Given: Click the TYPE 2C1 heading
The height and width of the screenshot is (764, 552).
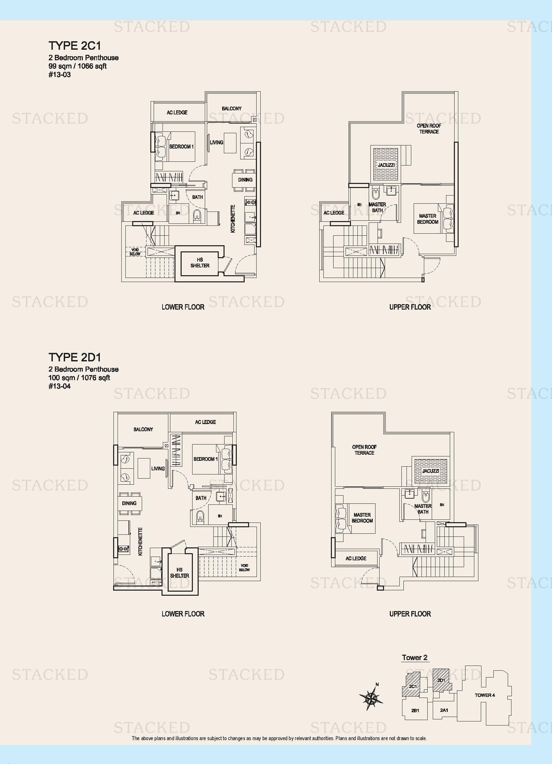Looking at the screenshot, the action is point(75,46).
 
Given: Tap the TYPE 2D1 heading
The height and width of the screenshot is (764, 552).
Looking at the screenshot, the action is point(75,357).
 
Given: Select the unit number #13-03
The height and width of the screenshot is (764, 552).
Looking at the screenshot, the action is point(60,75).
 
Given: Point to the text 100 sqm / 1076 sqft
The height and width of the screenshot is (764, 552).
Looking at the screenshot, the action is point(79,378).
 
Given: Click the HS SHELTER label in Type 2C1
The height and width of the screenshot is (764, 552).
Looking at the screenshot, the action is point(200,263).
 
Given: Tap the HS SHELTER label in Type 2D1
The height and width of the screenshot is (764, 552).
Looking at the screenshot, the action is point(180,573).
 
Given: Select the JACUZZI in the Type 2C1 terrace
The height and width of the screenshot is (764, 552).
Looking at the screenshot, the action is point(386,165).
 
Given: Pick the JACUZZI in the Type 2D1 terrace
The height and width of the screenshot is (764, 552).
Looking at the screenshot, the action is point(430,471).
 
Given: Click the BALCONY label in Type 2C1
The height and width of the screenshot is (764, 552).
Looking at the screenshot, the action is point(232,109).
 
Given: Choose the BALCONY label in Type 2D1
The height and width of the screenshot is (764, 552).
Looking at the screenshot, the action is point(143,430).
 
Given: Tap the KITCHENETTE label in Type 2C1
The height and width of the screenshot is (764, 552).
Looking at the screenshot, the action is point(233,219).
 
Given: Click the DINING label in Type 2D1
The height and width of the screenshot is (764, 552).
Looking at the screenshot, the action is point(129,503).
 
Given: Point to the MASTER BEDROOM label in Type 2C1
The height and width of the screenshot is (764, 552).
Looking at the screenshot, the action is point(428,219).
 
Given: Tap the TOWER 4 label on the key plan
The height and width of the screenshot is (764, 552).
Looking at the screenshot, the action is point(485,695).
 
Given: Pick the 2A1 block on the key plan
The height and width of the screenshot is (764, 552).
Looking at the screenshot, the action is point(444,710).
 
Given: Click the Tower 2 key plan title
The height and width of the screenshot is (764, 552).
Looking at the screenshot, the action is point(415,658).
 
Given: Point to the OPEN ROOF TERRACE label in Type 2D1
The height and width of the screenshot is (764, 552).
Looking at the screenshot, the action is point(364,450).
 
